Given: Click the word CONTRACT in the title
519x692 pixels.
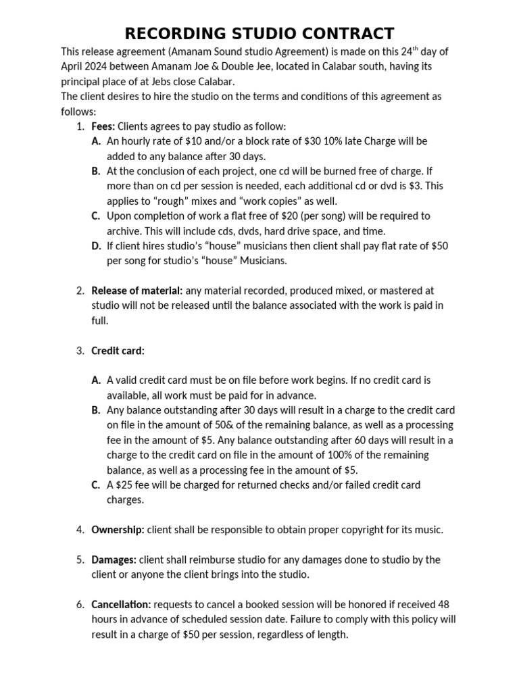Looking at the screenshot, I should point(341,34).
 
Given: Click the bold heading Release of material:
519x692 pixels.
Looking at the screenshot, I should point(137,291).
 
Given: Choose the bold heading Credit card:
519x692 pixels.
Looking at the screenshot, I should point(118,351).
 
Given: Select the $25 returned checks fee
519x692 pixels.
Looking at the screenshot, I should point(122,485).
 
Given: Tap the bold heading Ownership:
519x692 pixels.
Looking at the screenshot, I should point(118,530).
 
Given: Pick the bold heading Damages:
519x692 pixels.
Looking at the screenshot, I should point(114,560).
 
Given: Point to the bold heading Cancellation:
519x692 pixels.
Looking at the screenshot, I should point(121,604).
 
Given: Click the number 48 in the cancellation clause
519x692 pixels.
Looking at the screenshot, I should point(443,604).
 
